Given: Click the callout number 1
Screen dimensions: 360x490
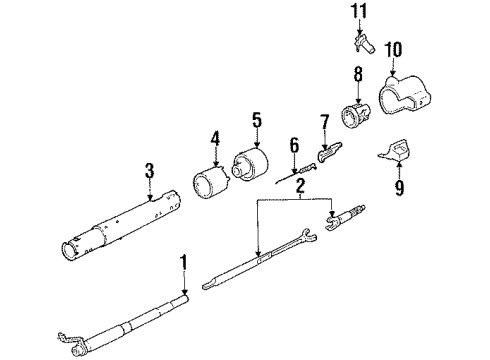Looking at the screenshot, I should tap(182, 265).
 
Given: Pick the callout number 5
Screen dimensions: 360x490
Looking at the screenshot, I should tap(255, 124).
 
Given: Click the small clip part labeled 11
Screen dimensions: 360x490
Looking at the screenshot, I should tap(363, 45).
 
